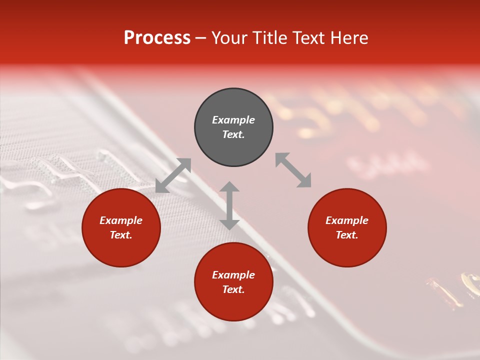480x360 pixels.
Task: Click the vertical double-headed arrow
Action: click(229, 205)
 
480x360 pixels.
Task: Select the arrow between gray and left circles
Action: click(173, 175)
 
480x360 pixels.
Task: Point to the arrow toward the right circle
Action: click(293, 170)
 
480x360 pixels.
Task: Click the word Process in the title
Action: click(157, 38)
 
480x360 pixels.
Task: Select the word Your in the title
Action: click(230, 38)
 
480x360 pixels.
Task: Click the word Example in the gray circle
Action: click(233, 120)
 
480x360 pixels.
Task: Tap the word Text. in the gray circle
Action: click(233, 134)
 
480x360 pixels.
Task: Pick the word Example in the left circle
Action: click(121, 220)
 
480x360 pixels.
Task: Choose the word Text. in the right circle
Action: click(347, 235)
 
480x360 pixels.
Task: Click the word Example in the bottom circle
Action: click(233, 275)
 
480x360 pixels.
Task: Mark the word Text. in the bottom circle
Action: click(233, 289)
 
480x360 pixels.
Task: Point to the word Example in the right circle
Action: click(347, 220)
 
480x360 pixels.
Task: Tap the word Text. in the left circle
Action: click(121, 235)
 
